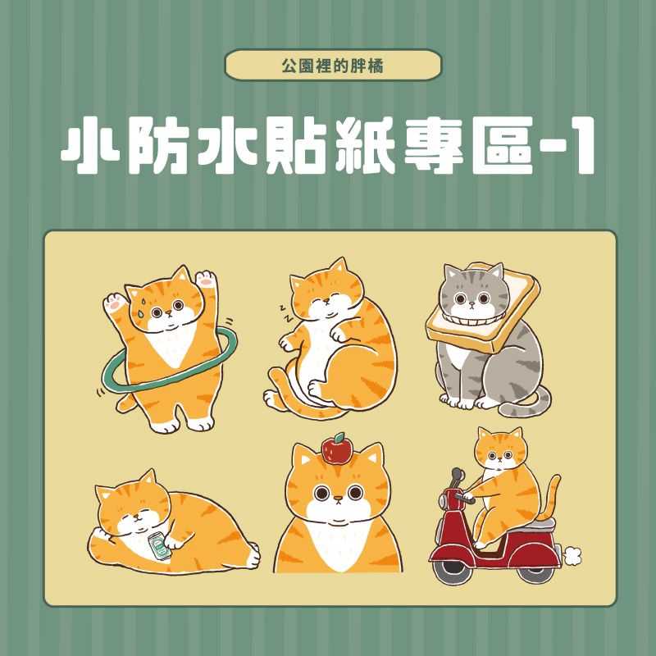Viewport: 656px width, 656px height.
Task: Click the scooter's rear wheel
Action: [x=532, y=567]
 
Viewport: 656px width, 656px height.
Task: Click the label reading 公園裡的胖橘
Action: [x=333, y=65]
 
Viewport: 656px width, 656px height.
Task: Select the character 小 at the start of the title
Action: [x=88, y=148]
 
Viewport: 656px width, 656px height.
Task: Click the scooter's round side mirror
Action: [x=456, y=475]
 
